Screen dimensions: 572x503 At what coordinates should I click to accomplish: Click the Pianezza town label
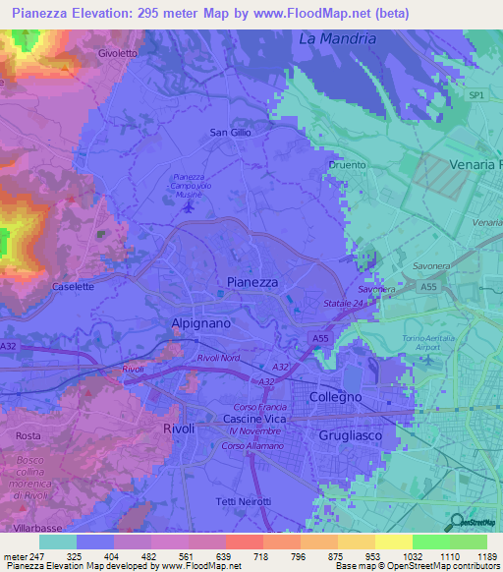point(252,281)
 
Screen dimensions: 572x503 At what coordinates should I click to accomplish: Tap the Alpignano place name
point(203,321)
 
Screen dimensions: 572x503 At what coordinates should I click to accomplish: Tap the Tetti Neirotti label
point(243,503)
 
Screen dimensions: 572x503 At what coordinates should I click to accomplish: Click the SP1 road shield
point(476,94)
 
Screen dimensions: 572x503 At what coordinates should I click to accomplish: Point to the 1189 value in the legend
point(485,555)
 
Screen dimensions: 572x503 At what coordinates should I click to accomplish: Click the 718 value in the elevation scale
point(261,555)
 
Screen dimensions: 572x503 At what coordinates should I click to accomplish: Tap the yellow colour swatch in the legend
point(394,542)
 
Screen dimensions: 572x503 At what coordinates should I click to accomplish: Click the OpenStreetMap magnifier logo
point(457,523)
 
